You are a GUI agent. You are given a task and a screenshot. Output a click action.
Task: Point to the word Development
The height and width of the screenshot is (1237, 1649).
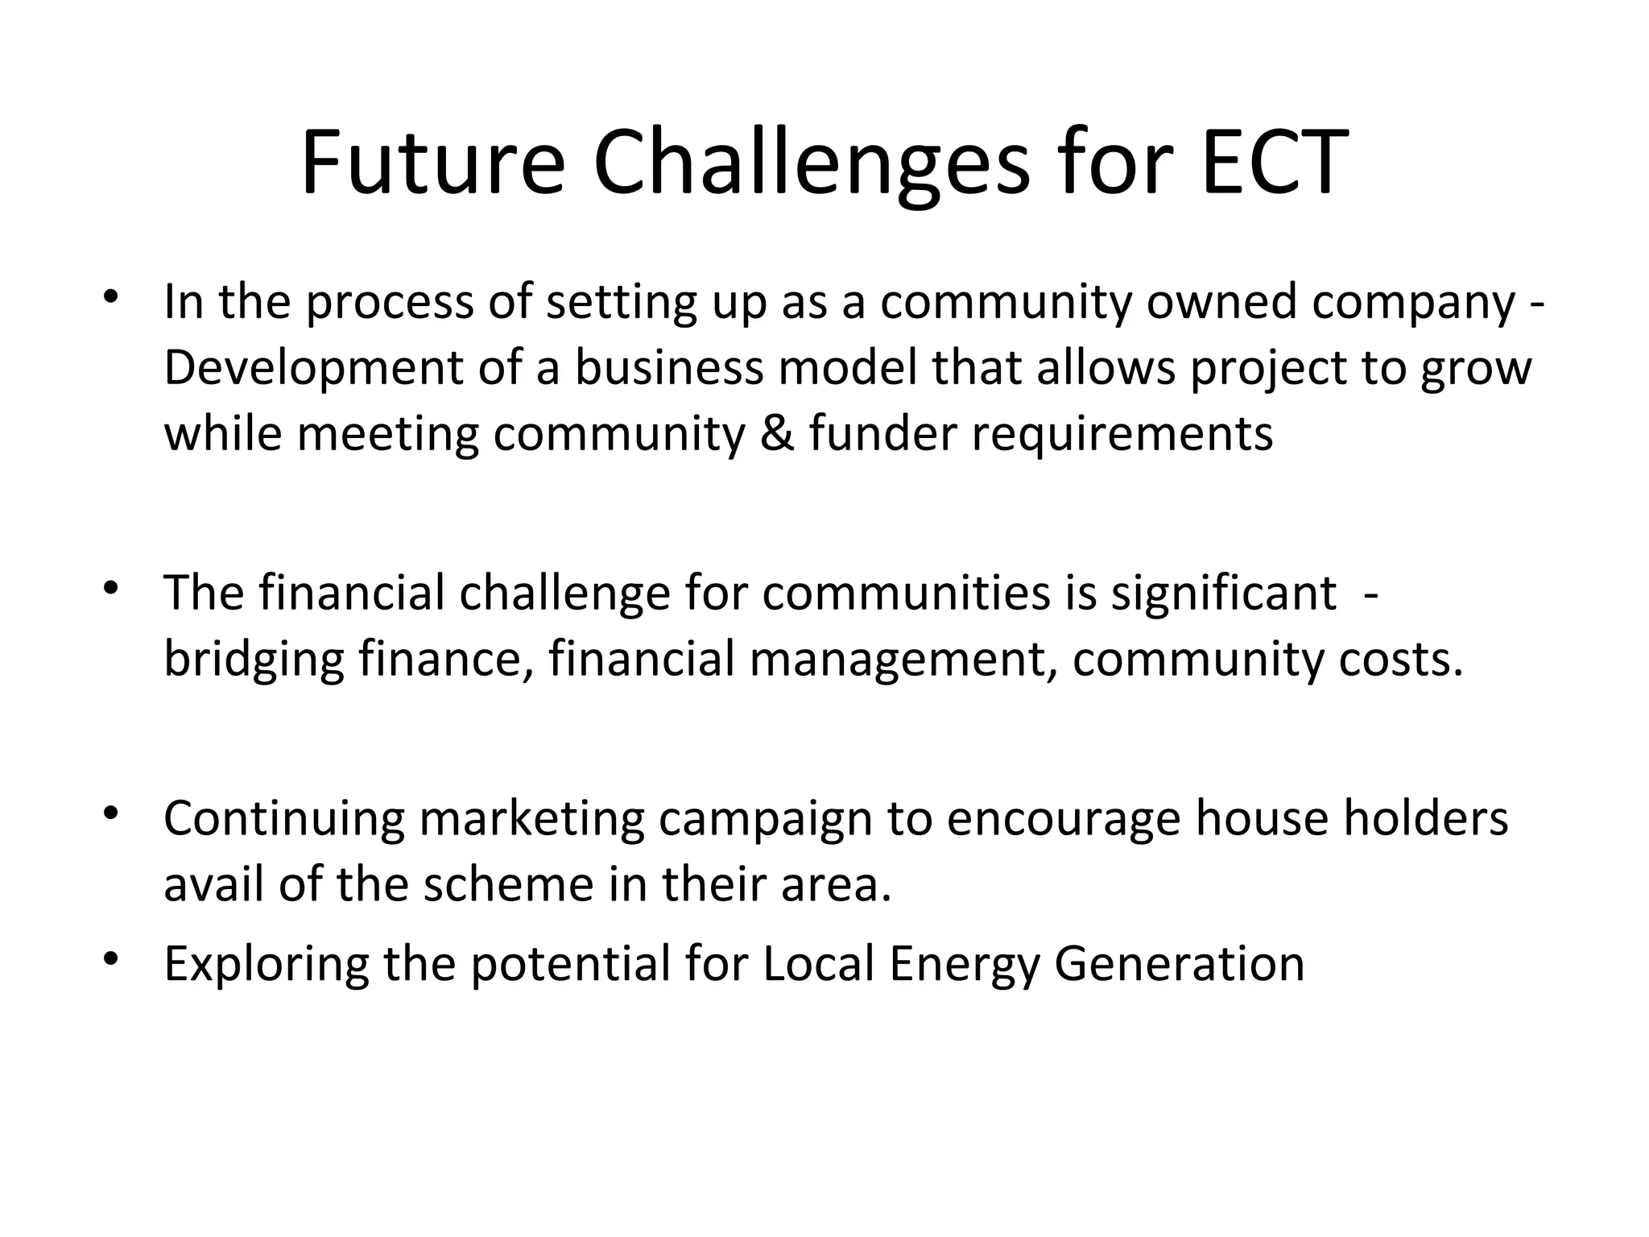313,369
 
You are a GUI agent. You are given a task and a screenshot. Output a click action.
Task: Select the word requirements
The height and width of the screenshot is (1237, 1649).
1122,435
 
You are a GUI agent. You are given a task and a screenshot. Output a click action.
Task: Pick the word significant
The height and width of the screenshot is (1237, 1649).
1224,594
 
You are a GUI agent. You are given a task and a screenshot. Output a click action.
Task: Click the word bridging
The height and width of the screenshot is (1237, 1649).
254,660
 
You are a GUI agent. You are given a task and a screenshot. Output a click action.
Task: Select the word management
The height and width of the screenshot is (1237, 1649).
903,660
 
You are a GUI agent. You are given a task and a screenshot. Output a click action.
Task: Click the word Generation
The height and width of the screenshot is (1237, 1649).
1179,964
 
